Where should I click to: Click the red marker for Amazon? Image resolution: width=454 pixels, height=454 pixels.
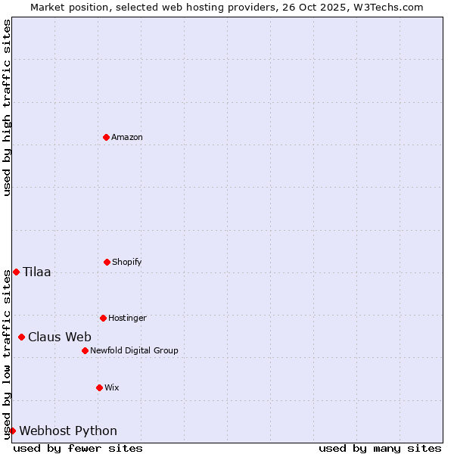(106, 137)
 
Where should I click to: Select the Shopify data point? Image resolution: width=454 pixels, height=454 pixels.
(107, 262)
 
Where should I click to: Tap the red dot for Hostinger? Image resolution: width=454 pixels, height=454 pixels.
(103, 318)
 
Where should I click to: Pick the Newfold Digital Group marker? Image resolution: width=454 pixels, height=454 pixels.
(85, 350)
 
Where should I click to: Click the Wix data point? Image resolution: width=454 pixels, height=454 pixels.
(99, 387)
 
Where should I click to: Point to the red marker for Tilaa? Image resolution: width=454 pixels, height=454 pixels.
(16, 272)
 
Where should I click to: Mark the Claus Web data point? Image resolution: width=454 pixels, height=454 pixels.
(21, 337)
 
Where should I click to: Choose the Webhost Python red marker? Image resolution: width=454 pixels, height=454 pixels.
(12, 431)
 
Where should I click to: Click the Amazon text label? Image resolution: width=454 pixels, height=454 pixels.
(127, 137)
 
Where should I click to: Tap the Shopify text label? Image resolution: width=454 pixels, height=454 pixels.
(127, 262)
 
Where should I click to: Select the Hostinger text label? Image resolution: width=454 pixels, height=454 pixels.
(127, 318)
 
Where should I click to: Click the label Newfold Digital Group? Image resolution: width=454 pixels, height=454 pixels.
(134, 350)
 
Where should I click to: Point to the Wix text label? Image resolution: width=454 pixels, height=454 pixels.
(112, 387)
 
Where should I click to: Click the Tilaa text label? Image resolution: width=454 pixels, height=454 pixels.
(37, 272)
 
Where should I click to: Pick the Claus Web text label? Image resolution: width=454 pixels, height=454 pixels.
(60, 337)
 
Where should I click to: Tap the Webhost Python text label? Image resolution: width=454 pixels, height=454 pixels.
(68, 431)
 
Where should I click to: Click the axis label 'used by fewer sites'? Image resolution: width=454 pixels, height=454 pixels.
(78, 448)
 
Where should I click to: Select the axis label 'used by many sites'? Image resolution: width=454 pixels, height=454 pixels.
(380, 448)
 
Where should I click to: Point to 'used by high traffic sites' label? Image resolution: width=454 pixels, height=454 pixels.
(7, 107)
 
